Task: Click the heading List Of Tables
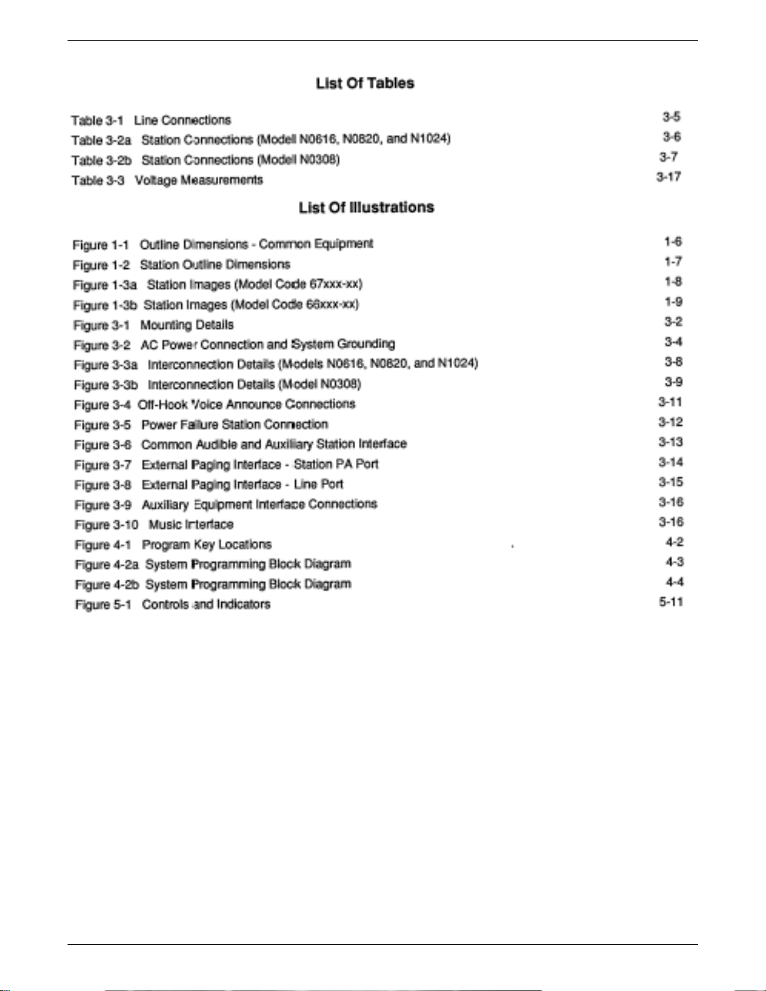365,83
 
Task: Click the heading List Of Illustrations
366,208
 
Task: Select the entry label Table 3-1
97,120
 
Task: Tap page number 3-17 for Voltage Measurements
668,177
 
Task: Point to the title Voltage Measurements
199,180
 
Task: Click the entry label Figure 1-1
101,244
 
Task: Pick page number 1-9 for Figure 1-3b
673,302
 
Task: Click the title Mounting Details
186,325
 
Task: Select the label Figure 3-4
102,405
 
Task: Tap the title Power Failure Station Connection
234,425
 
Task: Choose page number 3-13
670,442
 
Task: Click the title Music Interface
191,525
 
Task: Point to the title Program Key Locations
206,545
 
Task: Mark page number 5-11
670,602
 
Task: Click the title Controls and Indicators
206,605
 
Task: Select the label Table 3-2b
101,160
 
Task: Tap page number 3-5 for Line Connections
672,117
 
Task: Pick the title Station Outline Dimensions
214,264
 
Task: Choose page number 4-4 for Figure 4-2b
674,582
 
